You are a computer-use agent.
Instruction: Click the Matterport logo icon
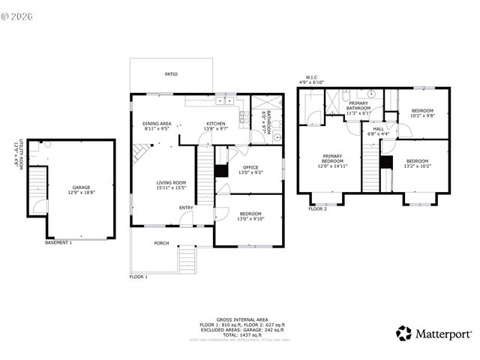[404, 333]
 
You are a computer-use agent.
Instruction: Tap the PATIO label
[172, 74]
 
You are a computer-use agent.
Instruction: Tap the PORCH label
[161, 243]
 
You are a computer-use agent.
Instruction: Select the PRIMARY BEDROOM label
[333, 161]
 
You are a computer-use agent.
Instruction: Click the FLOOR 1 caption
[139, 277]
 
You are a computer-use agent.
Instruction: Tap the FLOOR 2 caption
[317, 209]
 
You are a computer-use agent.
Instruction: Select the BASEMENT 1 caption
[58, 243]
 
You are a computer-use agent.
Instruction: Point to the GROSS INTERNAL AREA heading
[242, 319]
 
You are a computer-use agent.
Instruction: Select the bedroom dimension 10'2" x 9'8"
[422, 116]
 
